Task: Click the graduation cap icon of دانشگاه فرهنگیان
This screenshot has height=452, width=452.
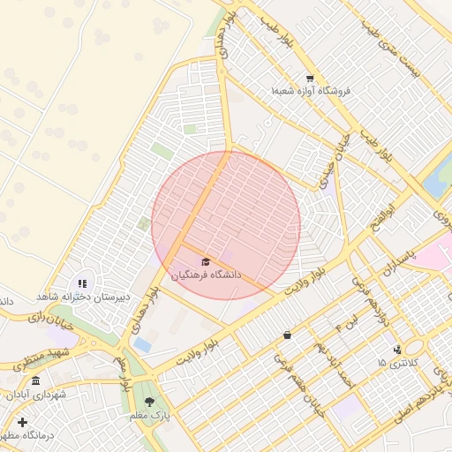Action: pyautogui.click(x=207, y=261)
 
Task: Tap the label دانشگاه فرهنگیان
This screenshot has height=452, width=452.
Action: pyautogui.click(x=207, y=275)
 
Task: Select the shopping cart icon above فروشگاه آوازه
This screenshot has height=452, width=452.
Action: pyautogui.click(x=309, y=78)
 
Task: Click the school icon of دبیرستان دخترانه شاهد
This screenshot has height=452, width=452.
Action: pyautogui.click(x=82, y=283)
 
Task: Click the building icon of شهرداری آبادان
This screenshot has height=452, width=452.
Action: pyautogui.click(x=35, y=380)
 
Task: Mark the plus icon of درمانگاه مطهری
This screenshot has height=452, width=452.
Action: pyautogui.click(x=22, y=422)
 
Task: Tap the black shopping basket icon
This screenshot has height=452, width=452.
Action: pyautogui.click(x=288, y=335)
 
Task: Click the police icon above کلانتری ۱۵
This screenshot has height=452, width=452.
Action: pyautogui.click(x=397, y=350)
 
